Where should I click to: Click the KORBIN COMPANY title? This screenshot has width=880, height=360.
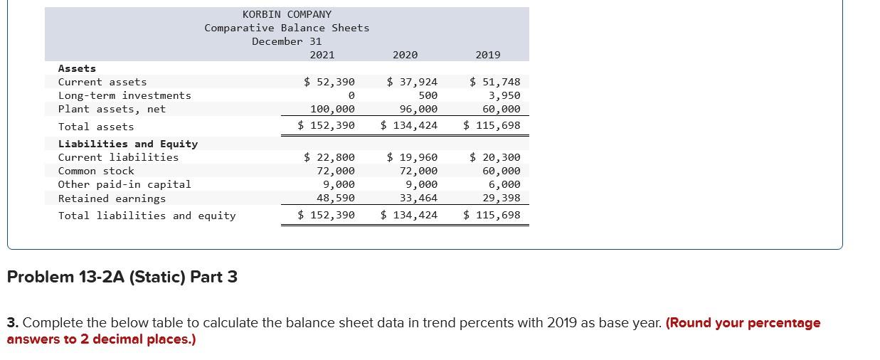click(x=287, y=14)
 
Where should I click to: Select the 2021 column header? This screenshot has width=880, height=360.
click(x=322, y=55)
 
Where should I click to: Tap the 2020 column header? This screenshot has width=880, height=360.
click(x=405, y=55)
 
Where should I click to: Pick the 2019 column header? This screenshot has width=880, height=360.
click(x=487, y=55)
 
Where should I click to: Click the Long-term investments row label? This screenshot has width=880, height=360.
click(x=124, y=95)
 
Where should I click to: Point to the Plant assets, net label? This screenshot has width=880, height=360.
click(x=112, y=109)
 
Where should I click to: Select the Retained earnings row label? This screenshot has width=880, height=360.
click(x=112, y=198)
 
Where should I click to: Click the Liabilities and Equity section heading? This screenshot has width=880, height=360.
click(x=128, y=144)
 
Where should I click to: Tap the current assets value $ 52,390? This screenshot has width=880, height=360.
click(x=329, y=82)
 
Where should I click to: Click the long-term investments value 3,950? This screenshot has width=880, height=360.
click(x=504, y=95)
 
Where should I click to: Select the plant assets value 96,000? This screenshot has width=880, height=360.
click(x=418, y=109)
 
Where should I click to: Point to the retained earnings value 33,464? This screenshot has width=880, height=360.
click(x=418, y=198)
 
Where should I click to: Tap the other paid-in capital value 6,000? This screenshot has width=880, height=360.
click(x=504, y=184)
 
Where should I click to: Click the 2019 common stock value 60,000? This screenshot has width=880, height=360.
click(x=502, y=171)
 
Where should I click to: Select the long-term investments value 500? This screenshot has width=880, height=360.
click(x=428, y=95)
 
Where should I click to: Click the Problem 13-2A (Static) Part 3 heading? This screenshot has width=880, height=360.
click(x=122, y=277)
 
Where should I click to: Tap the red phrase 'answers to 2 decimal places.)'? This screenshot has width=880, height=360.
click(x=101, y=339)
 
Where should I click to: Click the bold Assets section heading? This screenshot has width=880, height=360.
click(x=77, y=68)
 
